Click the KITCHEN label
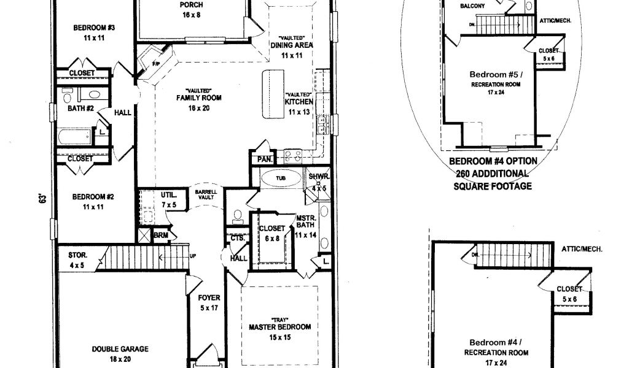tap(300, 102)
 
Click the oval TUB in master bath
tap(281, 178)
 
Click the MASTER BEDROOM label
tap(279, 326)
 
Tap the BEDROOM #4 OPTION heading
tap(493, 161)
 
